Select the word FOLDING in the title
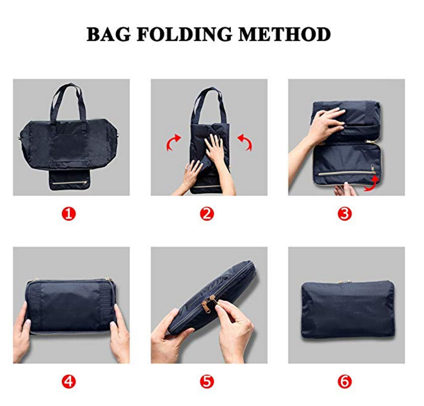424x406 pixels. pyautogui.click(x=185, y=34)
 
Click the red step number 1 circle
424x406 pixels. pyautogui.click(x=69, y=214)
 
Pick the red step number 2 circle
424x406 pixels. pyautogui.click(x=207, y=214)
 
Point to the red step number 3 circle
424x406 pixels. pyautogui.click(x=345, y=214)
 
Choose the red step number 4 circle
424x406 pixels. pyautogui.click(x=69, y=382)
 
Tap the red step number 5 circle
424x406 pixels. pyautogui.click(x=207, y=382)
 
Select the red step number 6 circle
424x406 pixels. pyautogui.click(x=345, y=382)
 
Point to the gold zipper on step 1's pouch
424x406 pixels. pyautogui.click(x=70, y=183)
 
